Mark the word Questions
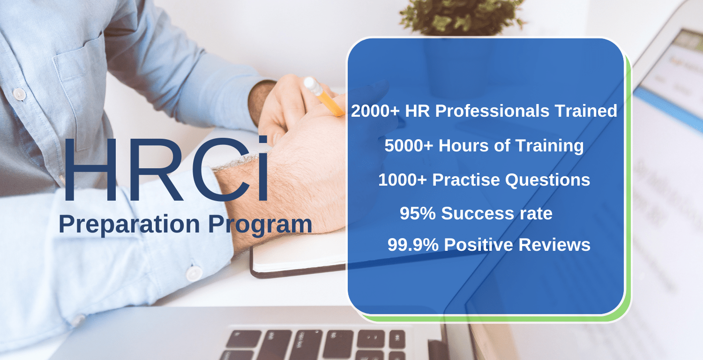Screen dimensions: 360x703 (547, 180)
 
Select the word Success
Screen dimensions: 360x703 (474, 214)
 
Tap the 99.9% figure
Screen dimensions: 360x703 (413, 245)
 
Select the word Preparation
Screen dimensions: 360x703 (129, 225)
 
